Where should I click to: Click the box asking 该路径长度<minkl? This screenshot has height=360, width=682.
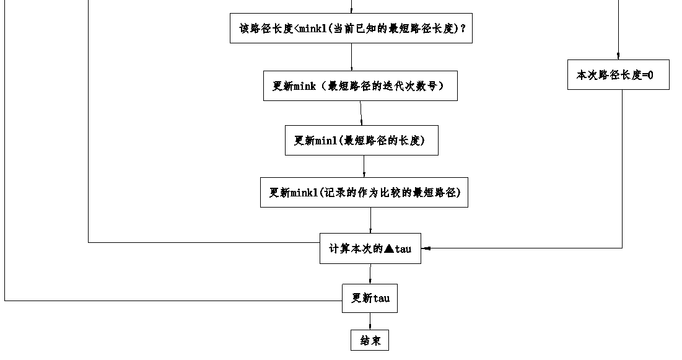point(351,29)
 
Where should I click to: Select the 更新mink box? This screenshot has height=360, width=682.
point(360,86)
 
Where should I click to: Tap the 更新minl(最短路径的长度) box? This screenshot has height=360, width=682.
point(362,141)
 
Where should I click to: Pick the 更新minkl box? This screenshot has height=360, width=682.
point(364,192)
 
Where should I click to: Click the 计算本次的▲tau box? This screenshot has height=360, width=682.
point(370,248)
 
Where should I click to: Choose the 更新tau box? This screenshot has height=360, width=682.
point(370,298)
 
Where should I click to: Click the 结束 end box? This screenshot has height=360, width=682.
point(370,341)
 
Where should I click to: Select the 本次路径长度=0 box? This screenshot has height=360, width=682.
point(618,74)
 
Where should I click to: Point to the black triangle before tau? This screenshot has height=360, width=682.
point(388,249)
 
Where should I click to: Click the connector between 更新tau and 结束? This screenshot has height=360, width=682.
point(370,321)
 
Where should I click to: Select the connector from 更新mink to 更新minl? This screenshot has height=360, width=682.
point(361,113)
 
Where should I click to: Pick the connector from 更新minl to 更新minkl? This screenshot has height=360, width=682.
point(364,167)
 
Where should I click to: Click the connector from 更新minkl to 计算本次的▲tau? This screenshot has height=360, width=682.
point(370,220)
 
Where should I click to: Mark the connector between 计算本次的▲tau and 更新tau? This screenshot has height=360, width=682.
point(370,274)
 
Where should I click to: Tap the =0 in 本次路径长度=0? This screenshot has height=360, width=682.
point(647,75)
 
